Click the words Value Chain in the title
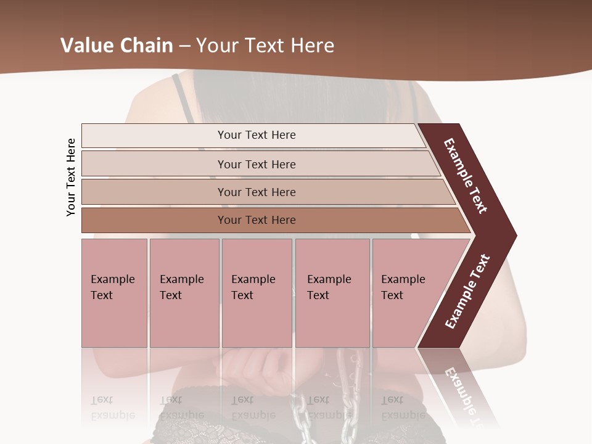116,46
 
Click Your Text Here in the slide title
265,46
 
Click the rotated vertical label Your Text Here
71,177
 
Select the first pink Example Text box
114,293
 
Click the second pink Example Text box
184,293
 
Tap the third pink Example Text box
257,293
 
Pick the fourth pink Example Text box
332,293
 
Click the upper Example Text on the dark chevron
466,176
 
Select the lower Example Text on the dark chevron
467,292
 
